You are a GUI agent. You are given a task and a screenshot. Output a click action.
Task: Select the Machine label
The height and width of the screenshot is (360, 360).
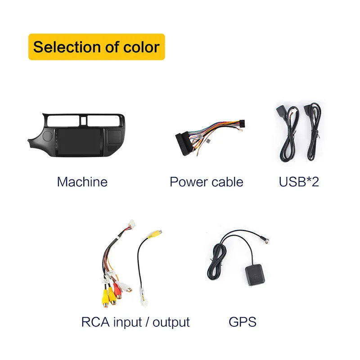click(82, 182)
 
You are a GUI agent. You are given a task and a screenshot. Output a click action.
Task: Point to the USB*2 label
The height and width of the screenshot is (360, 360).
click(299, 182)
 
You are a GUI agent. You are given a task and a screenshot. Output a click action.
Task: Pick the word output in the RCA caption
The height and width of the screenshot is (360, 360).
click(171, 322)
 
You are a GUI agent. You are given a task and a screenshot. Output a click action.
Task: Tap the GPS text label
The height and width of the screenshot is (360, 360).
click(243, 322)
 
